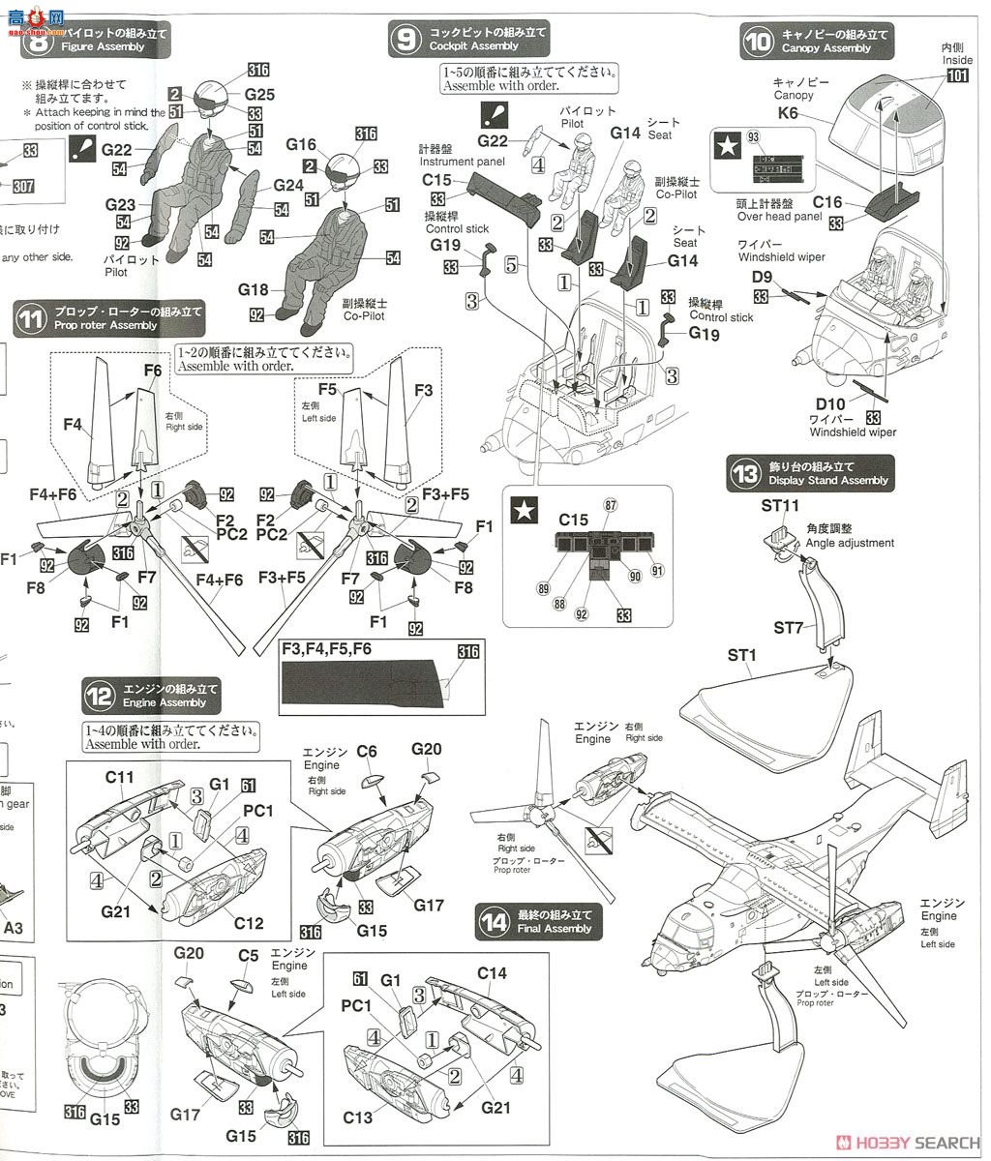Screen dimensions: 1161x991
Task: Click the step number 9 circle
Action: (x=404, y=40)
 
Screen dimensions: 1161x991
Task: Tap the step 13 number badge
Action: (x=746, y=474)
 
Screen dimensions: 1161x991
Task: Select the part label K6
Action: (x=789, y=113)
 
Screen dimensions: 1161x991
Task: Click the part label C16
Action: (x=827, y=203)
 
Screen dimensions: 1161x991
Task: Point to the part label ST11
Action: (x=780, y=505)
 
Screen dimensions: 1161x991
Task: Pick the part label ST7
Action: (x=789, y=628)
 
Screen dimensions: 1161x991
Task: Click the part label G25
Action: (x=259, y=95)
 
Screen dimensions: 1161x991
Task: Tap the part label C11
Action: (x=120, y=776)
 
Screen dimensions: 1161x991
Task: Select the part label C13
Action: (x=357, y=1117)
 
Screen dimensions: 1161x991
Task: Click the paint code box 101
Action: (x=958, y=77)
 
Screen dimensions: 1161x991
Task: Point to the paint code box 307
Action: (x=30, y=187)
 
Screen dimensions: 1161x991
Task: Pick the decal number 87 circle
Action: (x=610, y=505)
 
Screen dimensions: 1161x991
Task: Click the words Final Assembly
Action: (x=555, y=929)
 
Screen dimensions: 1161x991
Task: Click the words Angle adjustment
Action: (x=849, y=543)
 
